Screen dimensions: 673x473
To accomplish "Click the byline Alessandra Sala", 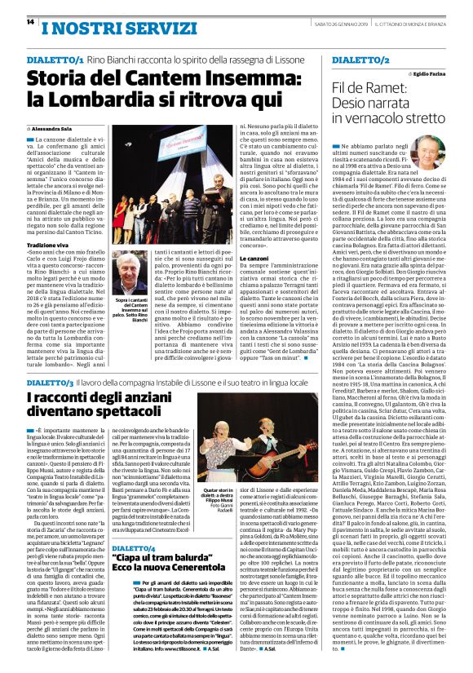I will [54, 129].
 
